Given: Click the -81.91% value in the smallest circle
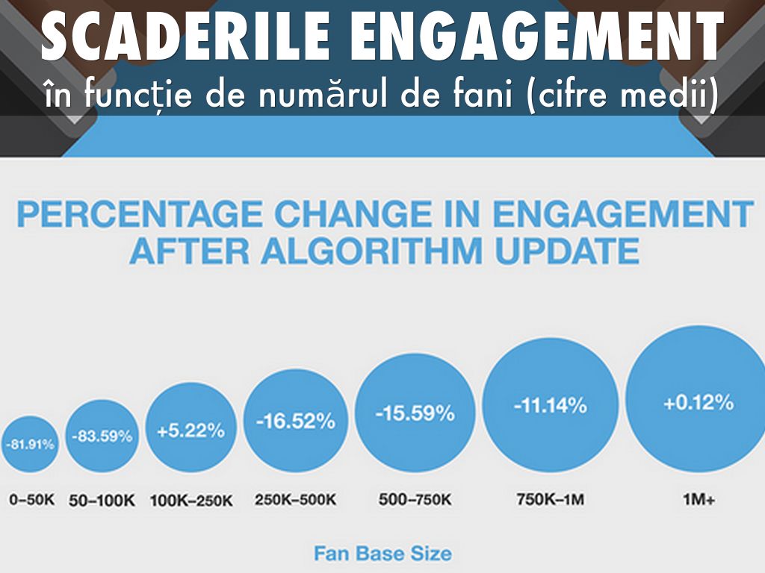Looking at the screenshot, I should pos(31,444).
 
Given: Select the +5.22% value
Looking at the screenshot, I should pos(191,430).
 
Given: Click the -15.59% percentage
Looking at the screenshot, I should pos(415,413).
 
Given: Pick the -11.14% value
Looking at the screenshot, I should pos(550,407).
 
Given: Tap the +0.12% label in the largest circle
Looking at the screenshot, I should pos(699,403).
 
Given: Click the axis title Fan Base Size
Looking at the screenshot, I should pos(382,554).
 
